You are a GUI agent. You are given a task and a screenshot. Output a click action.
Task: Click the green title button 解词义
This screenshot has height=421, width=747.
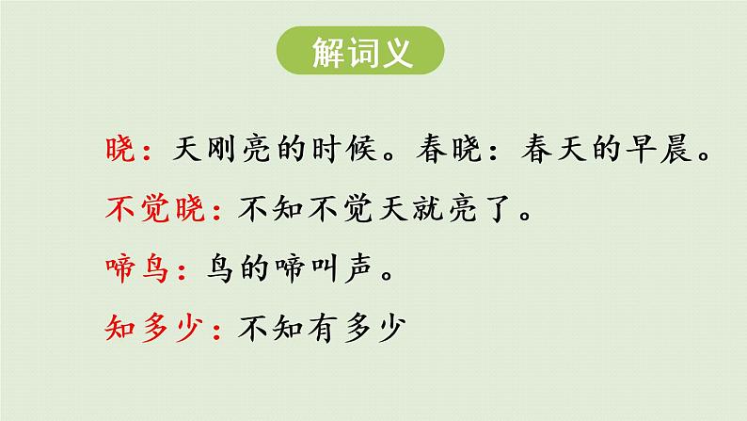coord(361,52)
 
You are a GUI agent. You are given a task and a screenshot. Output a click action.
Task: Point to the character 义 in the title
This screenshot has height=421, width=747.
coord(398,53)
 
